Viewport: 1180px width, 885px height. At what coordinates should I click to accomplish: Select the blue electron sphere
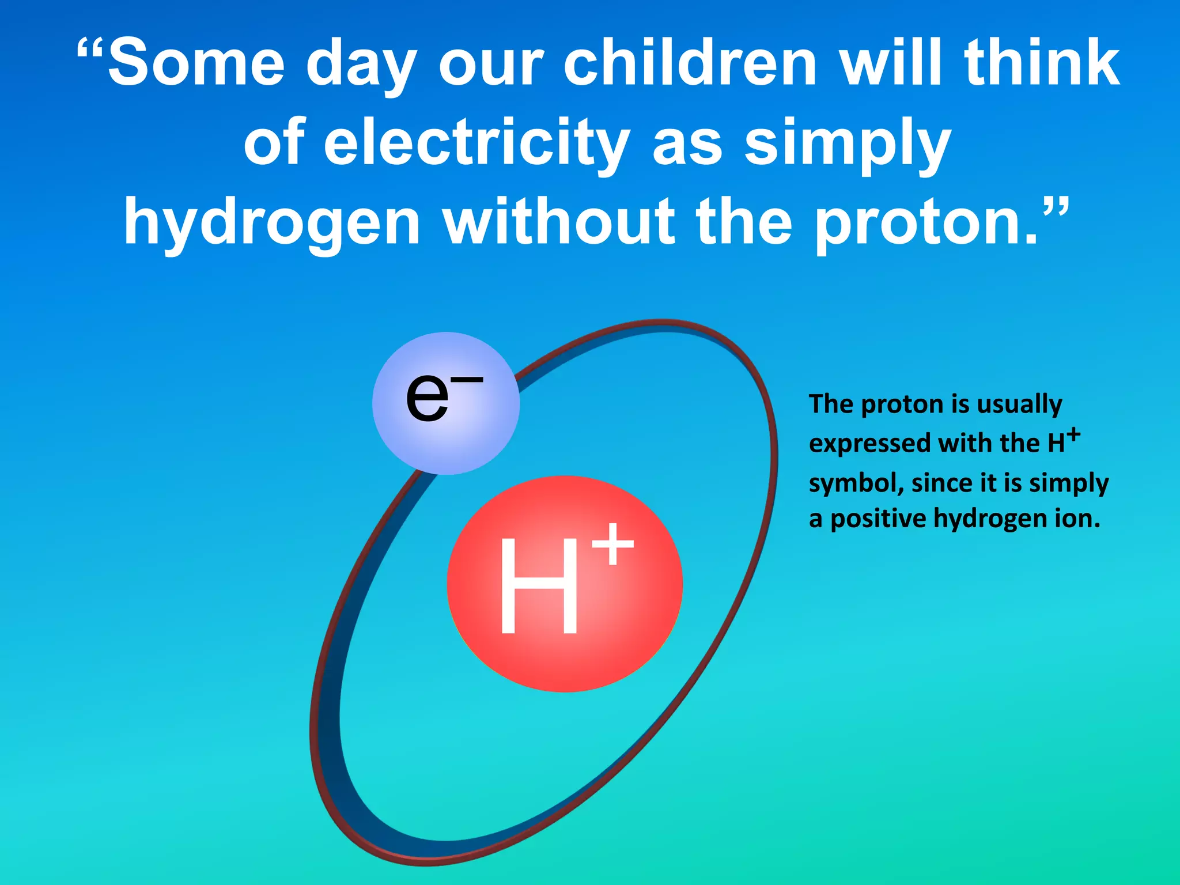(445, 403)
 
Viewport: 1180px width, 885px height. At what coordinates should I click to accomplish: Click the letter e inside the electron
(427, 398)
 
